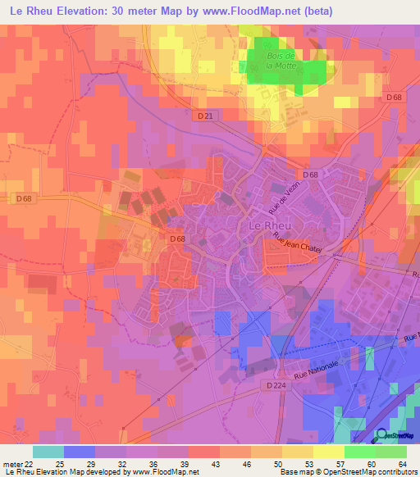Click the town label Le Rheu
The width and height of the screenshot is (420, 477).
262,225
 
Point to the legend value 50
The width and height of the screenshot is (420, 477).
255,463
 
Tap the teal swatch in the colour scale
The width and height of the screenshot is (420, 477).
48,452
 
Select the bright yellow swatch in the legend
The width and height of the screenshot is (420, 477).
327,452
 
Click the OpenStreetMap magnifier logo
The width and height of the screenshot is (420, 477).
380,435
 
